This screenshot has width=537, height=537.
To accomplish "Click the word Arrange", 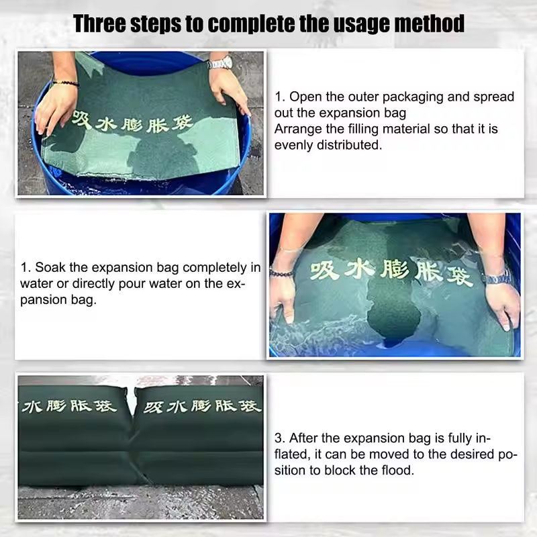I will (298, 128).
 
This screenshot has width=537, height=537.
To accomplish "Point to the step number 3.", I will (280, 438).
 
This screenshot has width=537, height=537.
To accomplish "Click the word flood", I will (395, 471).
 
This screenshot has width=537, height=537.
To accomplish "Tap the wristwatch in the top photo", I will (219, 63).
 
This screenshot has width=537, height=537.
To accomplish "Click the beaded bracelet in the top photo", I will (64, 83).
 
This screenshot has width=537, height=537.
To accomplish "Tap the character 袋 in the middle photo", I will (460, 274).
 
